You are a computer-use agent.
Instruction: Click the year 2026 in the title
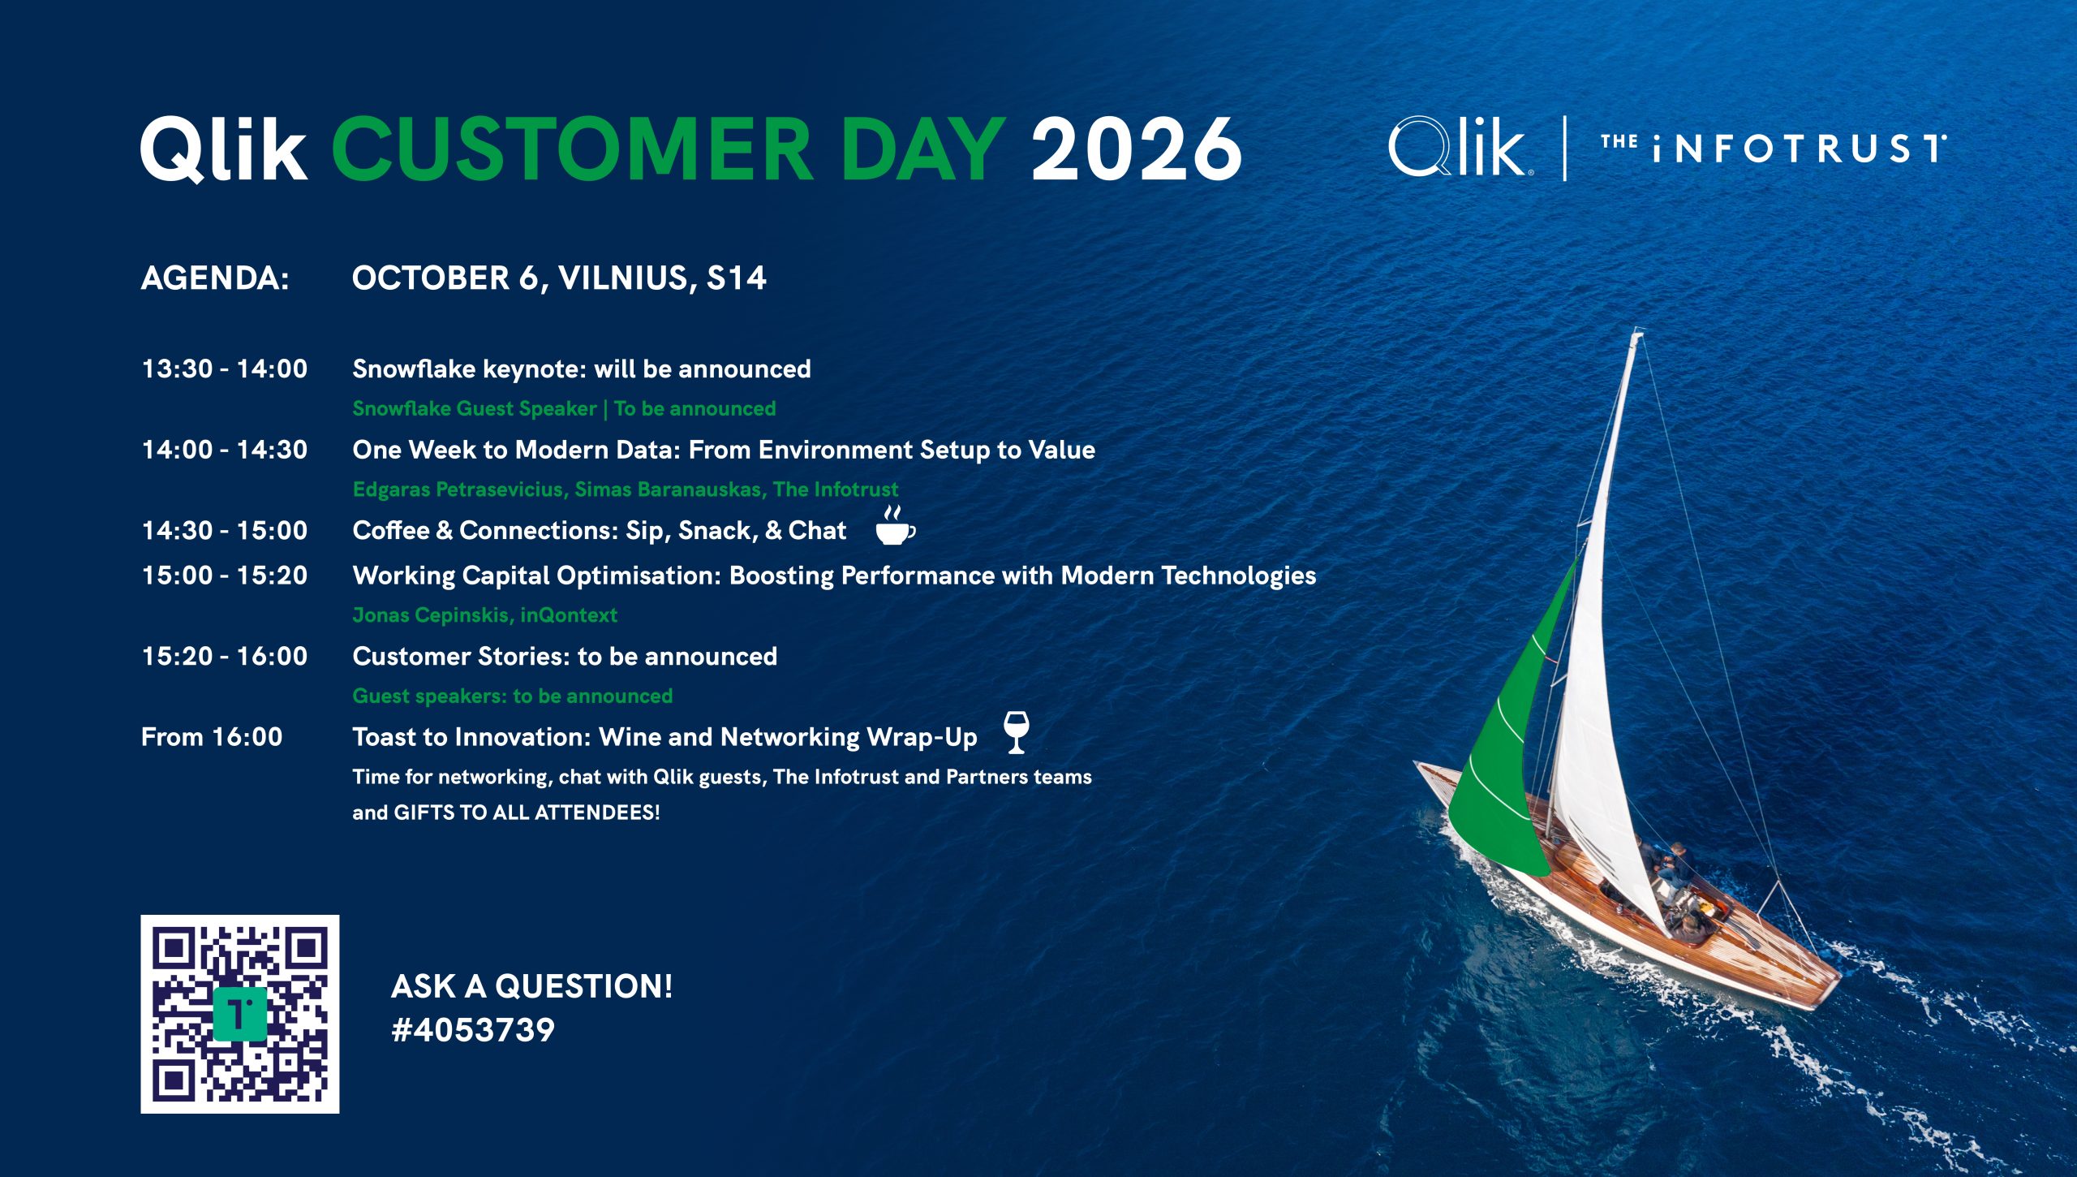coord(1136,148)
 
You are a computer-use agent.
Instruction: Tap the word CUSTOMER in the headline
coord(572,148)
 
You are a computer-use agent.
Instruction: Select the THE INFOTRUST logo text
coord(1774,148)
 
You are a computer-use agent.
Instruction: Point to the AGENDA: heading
coord(215,278)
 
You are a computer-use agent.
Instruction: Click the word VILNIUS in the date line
coord(623,278)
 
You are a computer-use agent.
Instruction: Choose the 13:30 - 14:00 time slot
coord(225,369)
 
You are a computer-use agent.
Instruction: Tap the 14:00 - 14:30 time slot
coord(225,450)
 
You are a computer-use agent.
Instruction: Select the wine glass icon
coord(1016,731)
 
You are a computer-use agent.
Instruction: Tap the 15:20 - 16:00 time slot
coord(225,656)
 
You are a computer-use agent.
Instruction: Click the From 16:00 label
coord(212,737)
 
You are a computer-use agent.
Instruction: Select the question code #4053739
coord(473,1030)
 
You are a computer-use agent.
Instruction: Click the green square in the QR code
coord(239,1015)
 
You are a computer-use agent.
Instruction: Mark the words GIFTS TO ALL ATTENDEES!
coord(527,813)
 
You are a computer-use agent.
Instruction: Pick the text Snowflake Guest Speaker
coord(475,408)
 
